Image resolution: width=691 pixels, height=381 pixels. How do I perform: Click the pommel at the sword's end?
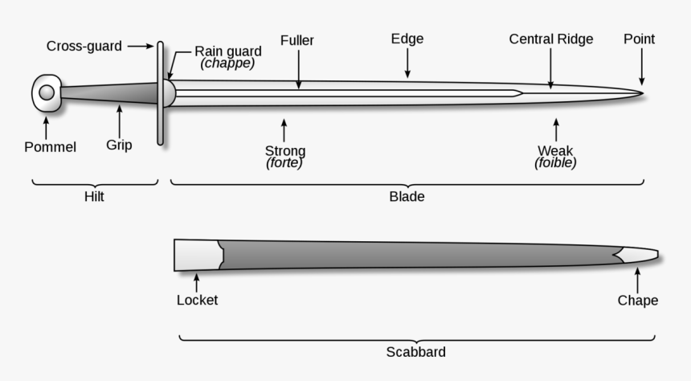pos(47,93)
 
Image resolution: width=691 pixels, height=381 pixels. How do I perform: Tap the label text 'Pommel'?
pos(50,147)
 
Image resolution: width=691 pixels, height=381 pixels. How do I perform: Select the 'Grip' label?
pos(119,145)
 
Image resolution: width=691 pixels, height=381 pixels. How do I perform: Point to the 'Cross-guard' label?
pos(84,47)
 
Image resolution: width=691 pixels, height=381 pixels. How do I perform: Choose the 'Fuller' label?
pos(297,40)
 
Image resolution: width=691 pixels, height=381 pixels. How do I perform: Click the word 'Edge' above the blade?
pos(407,39)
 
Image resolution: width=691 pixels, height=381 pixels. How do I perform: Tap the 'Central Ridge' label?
pos(551,39)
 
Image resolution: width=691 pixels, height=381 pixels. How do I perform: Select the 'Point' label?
pos(640,39)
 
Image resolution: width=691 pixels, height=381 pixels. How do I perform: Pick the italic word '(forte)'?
pos(284,162)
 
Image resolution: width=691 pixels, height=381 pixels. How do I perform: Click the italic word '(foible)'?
pos(555,162)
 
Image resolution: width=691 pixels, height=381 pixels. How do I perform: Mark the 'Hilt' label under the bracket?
pos(94,196)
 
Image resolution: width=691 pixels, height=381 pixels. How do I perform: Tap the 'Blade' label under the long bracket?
pos(407,196)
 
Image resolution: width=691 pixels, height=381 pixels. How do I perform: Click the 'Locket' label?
pos(197,301)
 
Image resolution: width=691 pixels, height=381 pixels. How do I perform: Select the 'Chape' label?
pos(638,301)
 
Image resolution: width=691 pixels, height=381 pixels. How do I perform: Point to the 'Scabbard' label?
pos(415,352)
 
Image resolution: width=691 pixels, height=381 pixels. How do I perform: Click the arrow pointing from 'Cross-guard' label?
pos(140,47)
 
